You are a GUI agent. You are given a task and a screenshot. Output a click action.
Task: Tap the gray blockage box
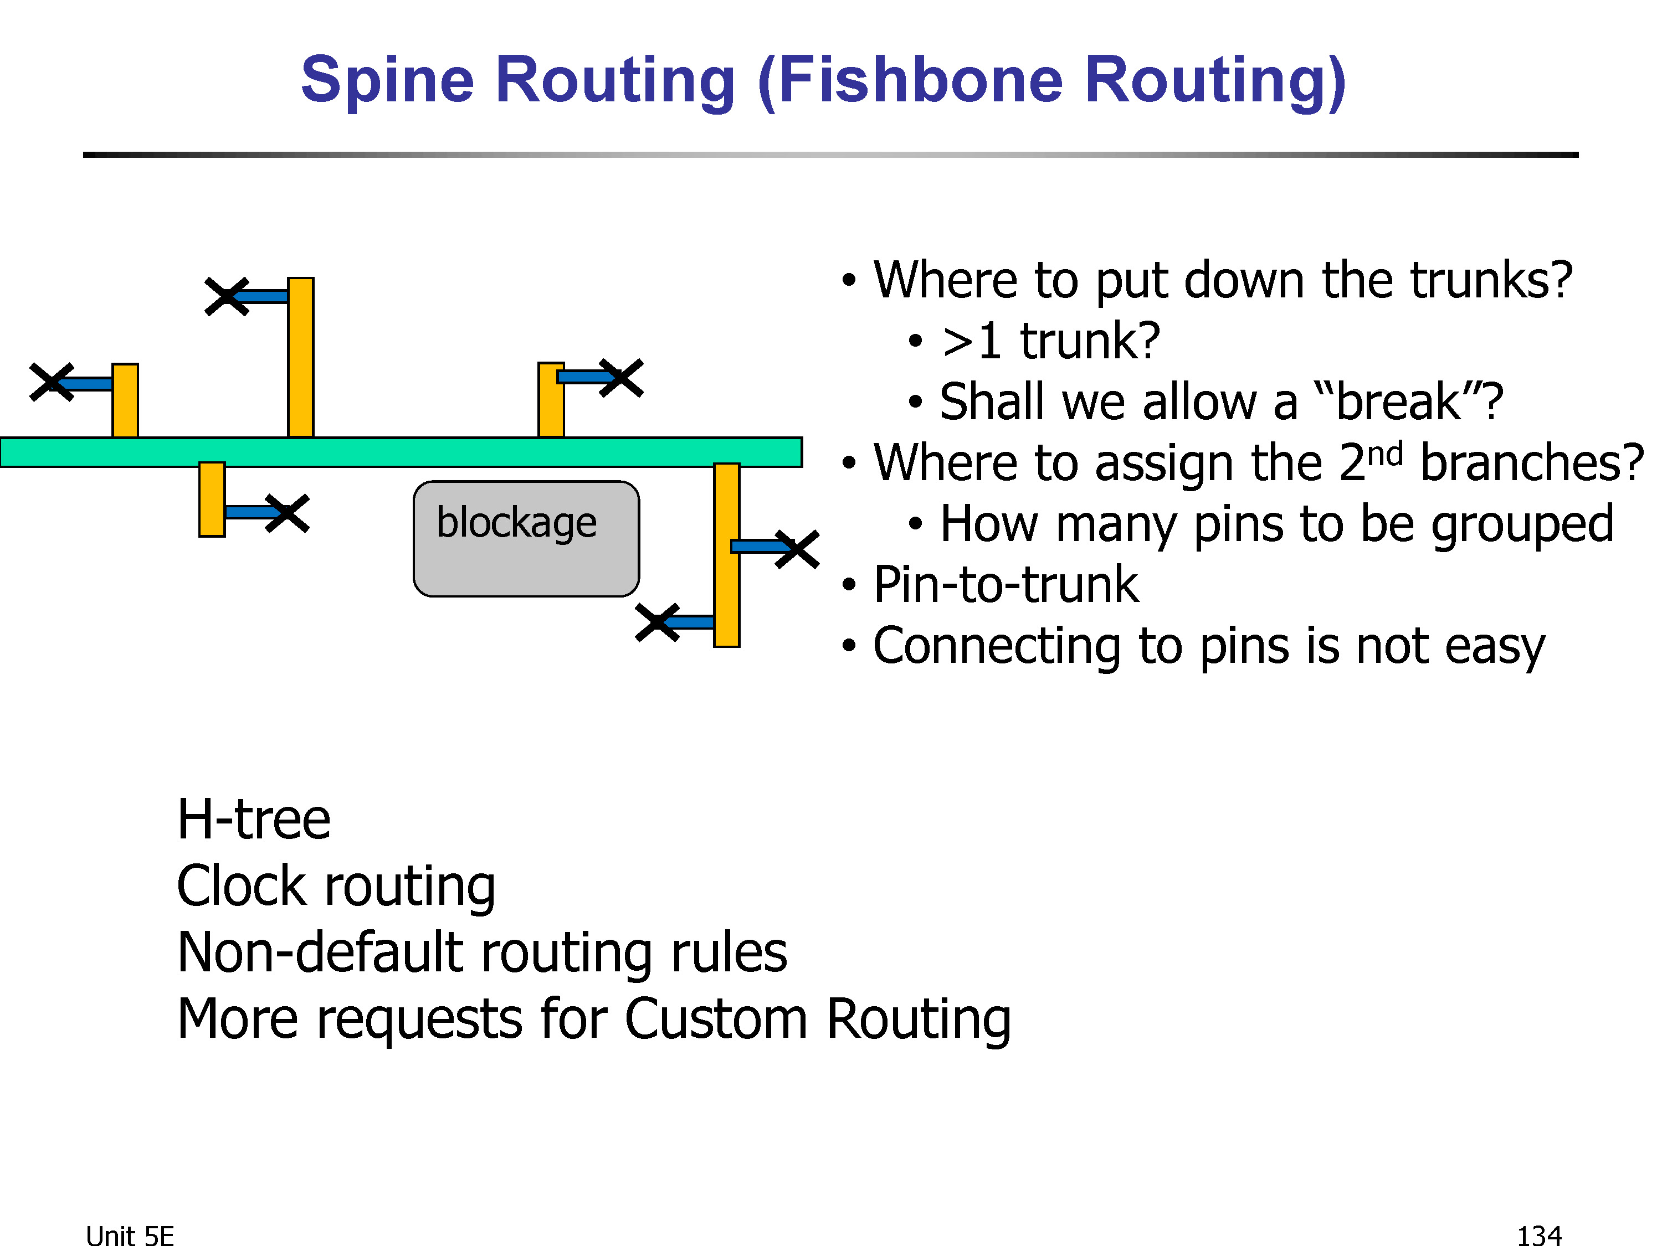pos(526,538)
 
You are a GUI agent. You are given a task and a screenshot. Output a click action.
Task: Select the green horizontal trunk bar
pos(401,452)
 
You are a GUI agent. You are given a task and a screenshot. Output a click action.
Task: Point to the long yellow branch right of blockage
pos(726,555)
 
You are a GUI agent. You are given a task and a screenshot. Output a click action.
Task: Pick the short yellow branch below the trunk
pos(212,500)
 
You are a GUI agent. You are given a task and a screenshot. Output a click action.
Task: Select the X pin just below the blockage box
pos(658,622)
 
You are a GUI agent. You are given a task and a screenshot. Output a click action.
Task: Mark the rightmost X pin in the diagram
pos(797,550)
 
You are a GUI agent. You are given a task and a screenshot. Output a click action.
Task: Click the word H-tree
pos(254,820)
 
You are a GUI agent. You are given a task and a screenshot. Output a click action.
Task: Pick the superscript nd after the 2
pos(1385,455)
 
